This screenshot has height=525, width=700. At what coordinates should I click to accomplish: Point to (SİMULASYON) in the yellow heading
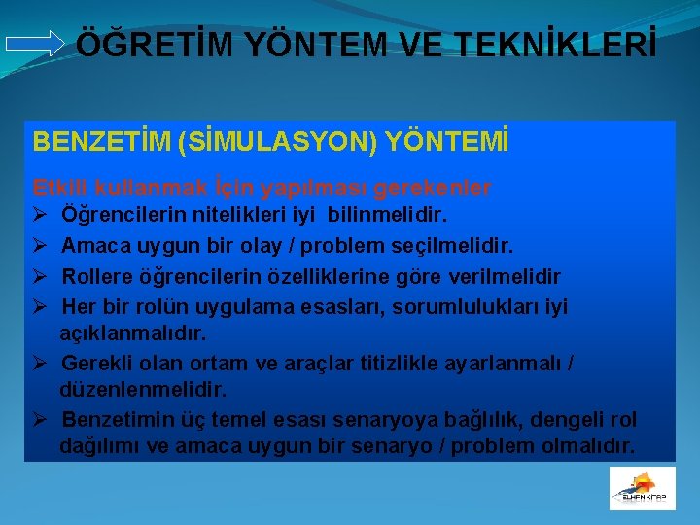point(275,143)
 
